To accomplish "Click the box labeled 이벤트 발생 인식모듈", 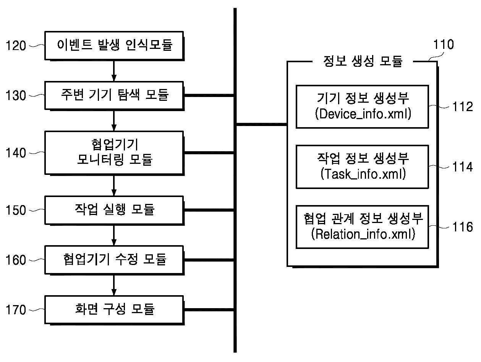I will click(114, 45).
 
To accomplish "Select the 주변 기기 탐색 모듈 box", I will click(114, 95).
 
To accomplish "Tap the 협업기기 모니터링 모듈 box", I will click(114, 153).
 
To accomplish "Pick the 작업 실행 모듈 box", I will click(114, 210).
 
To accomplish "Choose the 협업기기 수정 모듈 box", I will click(114, 260).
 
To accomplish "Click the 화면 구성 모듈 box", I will click(114, 309).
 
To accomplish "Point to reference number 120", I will click(16, 46).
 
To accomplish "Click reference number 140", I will click(16, 153).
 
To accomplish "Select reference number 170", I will click(16, 310).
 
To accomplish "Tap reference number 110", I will click(443, 45).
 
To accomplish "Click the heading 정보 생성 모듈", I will click(363, 61).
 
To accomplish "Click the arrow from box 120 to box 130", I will click(114, 70).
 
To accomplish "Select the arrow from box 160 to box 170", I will click(114, 285).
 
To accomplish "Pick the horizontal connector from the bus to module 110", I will click(262, 124).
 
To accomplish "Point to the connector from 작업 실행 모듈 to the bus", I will click(209, 210).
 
